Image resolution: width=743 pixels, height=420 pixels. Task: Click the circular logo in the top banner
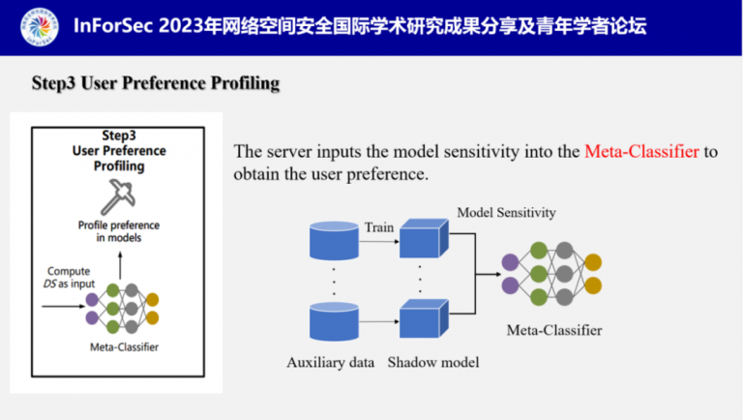pos(34,26)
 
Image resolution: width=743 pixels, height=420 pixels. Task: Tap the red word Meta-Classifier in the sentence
pos(642,152)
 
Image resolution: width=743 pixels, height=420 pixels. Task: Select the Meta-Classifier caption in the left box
pos(121,346)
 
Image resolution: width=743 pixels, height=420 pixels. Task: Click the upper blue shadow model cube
pos(424,238)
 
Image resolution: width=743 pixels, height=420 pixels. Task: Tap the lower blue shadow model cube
pos(424,318)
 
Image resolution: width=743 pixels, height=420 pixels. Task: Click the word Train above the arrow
pos(378,226)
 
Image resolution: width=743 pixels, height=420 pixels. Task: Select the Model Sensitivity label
pos(506,212)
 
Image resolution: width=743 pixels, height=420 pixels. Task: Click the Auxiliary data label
pos(330,363)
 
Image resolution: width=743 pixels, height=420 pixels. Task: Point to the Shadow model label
pos(432,363)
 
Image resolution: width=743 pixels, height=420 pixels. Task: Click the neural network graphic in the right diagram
pos(551,273)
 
